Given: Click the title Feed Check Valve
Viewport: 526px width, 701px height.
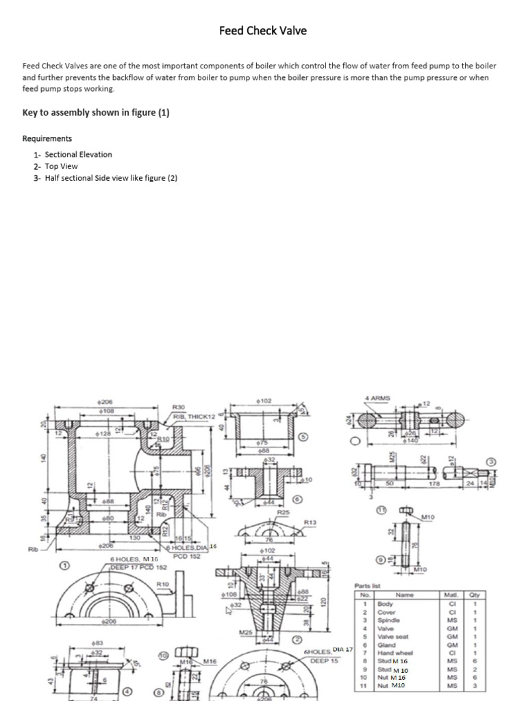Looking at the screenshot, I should coord(263,30).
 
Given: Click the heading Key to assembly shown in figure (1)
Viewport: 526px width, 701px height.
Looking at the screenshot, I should coord(96,113).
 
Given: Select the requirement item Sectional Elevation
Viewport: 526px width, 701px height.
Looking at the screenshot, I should coord(78,155).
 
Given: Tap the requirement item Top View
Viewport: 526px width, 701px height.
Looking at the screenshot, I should coord(61,166).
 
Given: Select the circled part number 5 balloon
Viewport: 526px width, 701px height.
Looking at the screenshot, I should coord(305,436).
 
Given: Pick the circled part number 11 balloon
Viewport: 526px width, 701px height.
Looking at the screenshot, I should coord(382,509).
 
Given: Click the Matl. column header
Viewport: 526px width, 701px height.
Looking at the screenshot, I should coord(451,596).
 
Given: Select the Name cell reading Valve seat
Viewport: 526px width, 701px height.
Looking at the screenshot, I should coord(393,637).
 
